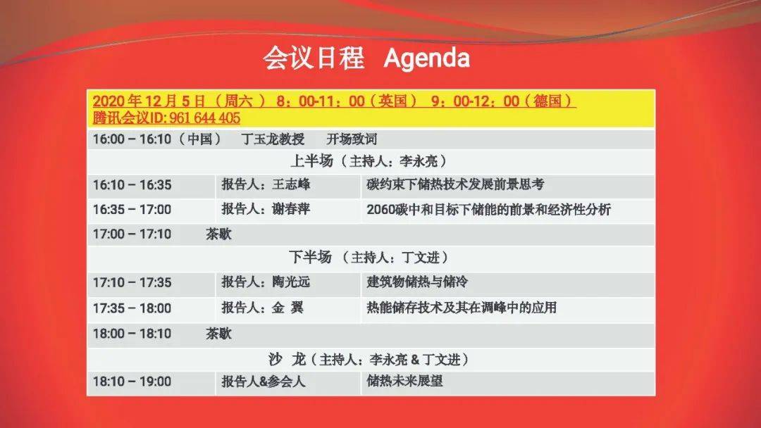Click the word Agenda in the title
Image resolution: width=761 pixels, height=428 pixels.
pos(426,58)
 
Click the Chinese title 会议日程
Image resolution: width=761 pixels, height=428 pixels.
pos(314,58)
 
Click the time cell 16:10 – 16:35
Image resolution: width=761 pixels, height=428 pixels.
pos(132,184)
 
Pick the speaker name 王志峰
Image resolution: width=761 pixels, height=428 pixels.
pos(291,184)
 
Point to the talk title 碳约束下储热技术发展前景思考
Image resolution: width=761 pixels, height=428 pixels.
pos(455,184)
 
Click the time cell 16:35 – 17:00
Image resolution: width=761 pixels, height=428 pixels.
pos(132,209)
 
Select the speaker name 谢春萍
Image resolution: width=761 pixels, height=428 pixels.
pos(291,209)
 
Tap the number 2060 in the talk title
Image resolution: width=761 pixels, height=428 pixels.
pos(380,209)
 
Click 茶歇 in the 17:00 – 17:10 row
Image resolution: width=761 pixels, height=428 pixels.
pos(218,234)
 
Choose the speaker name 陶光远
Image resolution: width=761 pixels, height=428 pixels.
pos(291,282)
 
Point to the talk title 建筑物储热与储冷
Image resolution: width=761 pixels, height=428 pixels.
pos(417,282)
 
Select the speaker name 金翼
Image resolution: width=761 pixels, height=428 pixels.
pos(287,308)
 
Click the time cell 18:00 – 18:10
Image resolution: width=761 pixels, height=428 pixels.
pos(132,334)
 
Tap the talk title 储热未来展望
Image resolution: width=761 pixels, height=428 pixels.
pos(404,381)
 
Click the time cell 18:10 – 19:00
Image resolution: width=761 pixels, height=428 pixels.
pos(132,382)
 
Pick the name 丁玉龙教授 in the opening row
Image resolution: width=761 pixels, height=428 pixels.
pos(273,139)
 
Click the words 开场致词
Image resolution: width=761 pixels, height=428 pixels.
pos(352,139)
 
